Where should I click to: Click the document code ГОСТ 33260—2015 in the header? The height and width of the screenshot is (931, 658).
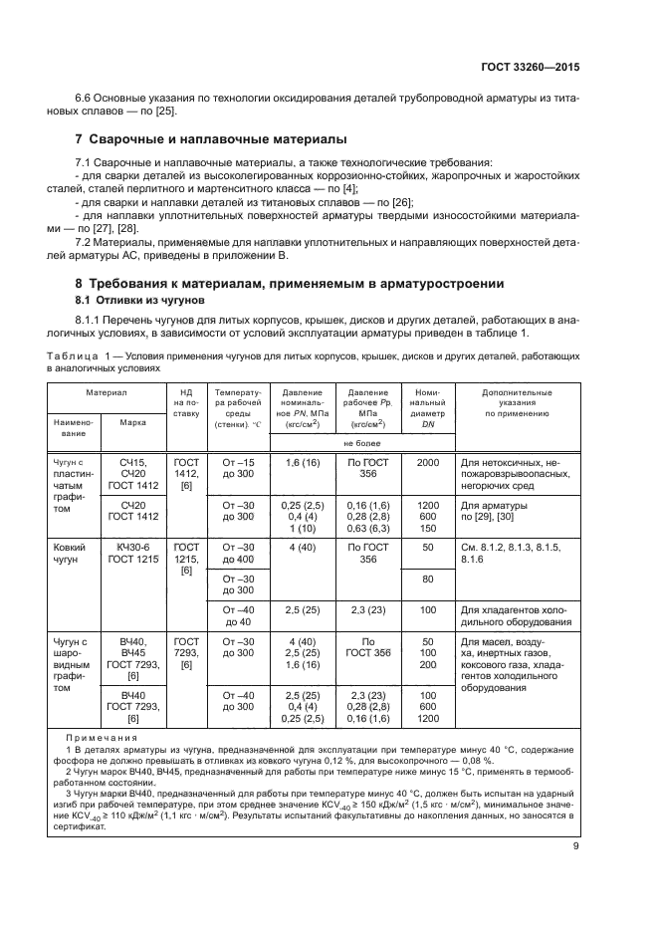click(x=529, y=67)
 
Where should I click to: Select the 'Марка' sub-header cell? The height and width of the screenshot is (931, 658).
click(x=133, y=421)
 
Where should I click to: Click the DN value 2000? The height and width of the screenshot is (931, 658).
click(x=428, y=463)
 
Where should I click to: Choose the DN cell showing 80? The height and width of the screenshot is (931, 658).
click(x=428, y=579)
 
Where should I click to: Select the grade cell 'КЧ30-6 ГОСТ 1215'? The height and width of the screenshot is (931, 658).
click(x=133, y=555)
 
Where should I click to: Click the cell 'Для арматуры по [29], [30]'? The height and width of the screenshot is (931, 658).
click(x=501, y=512)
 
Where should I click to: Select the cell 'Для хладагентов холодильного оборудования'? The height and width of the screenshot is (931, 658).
click(x=516, y=615)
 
